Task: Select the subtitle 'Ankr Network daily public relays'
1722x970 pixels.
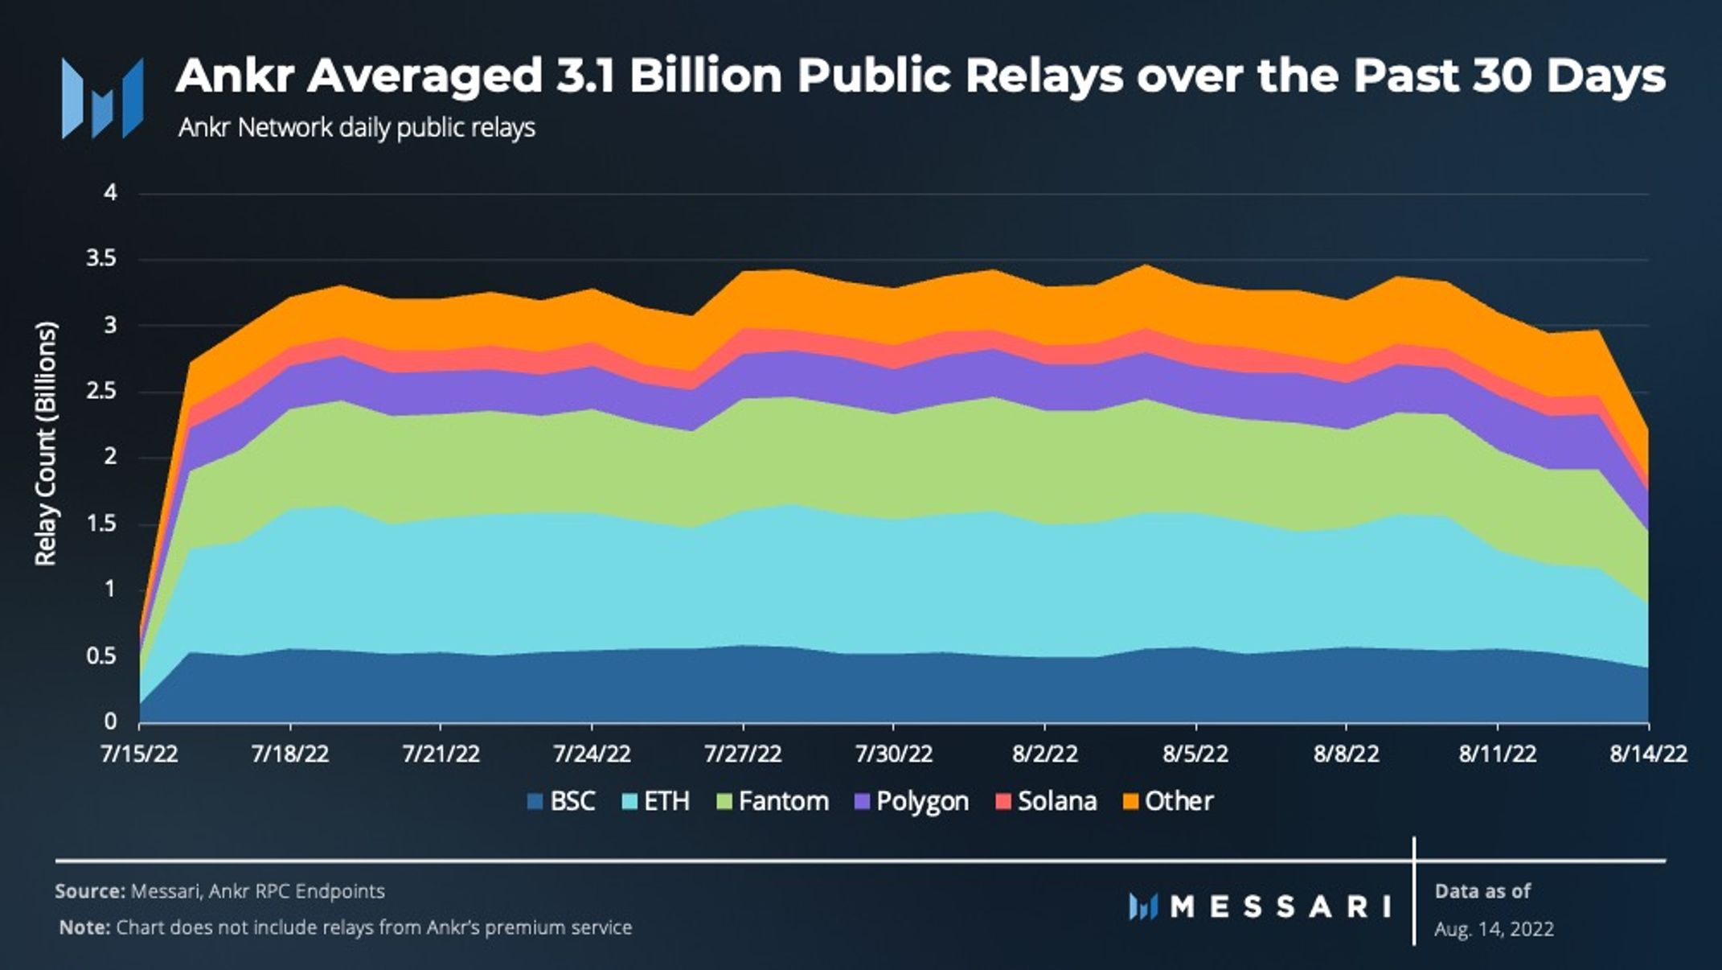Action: (x=356, y=128)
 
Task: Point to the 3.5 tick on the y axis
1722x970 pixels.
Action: (x=102, y=259)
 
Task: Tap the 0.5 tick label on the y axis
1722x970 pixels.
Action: (x=102, y=656)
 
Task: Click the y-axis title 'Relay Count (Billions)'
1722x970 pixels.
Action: (x=47, y=444)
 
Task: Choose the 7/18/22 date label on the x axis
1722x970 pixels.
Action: (x=290, y=754)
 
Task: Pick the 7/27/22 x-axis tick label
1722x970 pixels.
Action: (x=743, y=754)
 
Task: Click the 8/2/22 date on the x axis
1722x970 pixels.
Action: (x=1044, y=754)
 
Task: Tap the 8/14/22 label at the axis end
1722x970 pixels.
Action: (x=1648, y=754)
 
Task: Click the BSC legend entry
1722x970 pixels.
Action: (x=561, y=801)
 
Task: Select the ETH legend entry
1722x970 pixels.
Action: (x=656, y=801)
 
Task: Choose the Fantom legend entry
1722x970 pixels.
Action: (x=772, y=801)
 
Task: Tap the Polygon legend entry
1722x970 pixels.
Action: (x=912, y=801)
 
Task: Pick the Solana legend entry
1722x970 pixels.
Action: (x=1046, y=801)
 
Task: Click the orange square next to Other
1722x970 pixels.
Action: (x=1130, y=802)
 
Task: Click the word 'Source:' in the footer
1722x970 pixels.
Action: (x=89, y=891)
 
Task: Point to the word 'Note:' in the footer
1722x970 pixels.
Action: (x=84, y=927)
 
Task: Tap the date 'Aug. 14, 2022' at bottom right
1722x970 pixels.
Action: (x=1494, y=929)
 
